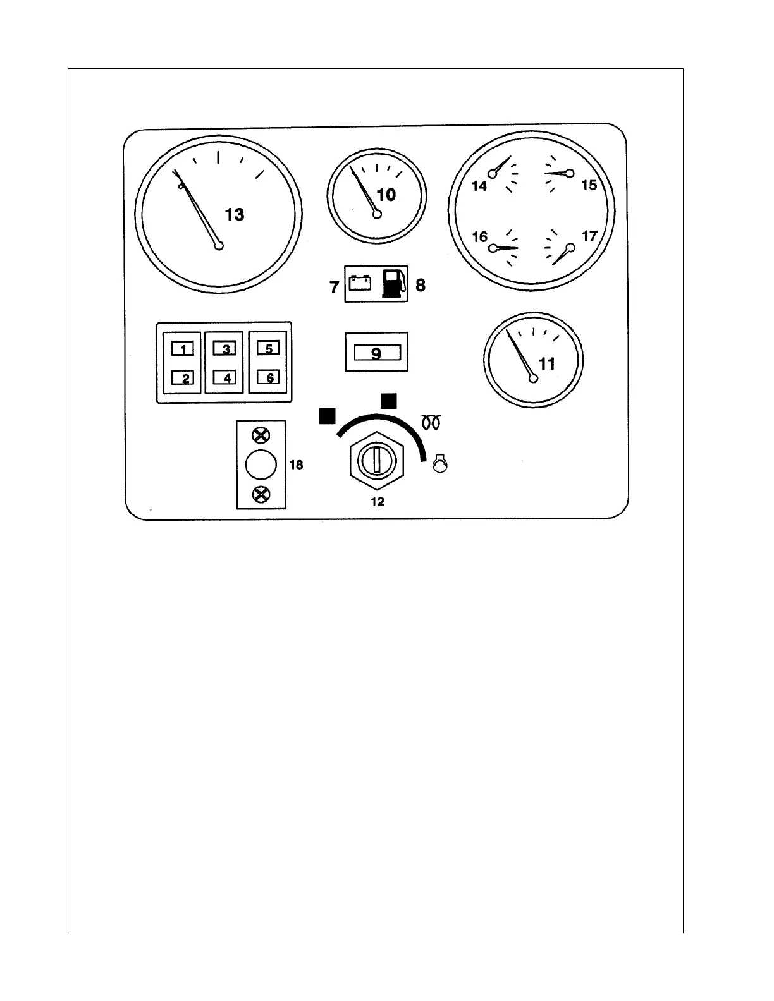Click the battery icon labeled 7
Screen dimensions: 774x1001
pyautogui.click(x=360, y=282)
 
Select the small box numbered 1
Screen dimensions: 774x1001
pyautogui.click(x=183, y=348)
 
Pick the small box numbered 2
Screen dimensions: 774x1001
pyautogui.click(x=183, y=378)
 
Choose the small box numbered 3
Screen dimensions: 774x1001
pyautogui.click(x=224, y=348)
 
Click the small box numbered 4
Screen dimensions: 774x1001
pyautogui.click(x=225, y=378)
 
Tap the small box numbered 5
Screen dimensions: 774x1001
pyautogui.click(x=268, y=348)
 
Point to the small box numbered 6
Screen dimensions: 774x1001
pyautogui.click(x=269, y=378)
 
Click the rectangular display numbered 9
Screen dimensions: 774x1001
pyautogui.click(x=376, y=353)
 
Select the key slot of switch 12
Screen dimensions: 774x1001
pyautogui.click(x=376, y=459)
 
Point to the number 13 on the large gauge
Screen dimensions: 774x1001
pyautogui.click(x=235, y=215)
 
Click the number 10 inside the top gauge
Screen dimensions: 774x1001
pyautogui.click(x=386, y=195)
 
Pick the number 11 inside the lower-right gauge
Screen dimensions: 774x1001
pyautogui.click(x=546, y=363)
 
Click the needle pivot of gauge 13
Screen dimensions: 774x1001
pyautogui.click(x=219, y=246)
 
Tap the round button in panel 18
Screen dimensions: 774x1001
pyautogui.click(x=261, y=465)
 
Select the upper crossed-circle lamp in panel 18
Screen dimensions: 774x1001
pyautogui.click(x=261, y=435)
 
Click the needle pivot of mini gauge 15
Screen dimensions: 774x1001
pyautogui.click(x=570, y=173)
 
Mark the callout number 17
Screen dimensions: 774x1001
pyautogui.click(x=589, y=236)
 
